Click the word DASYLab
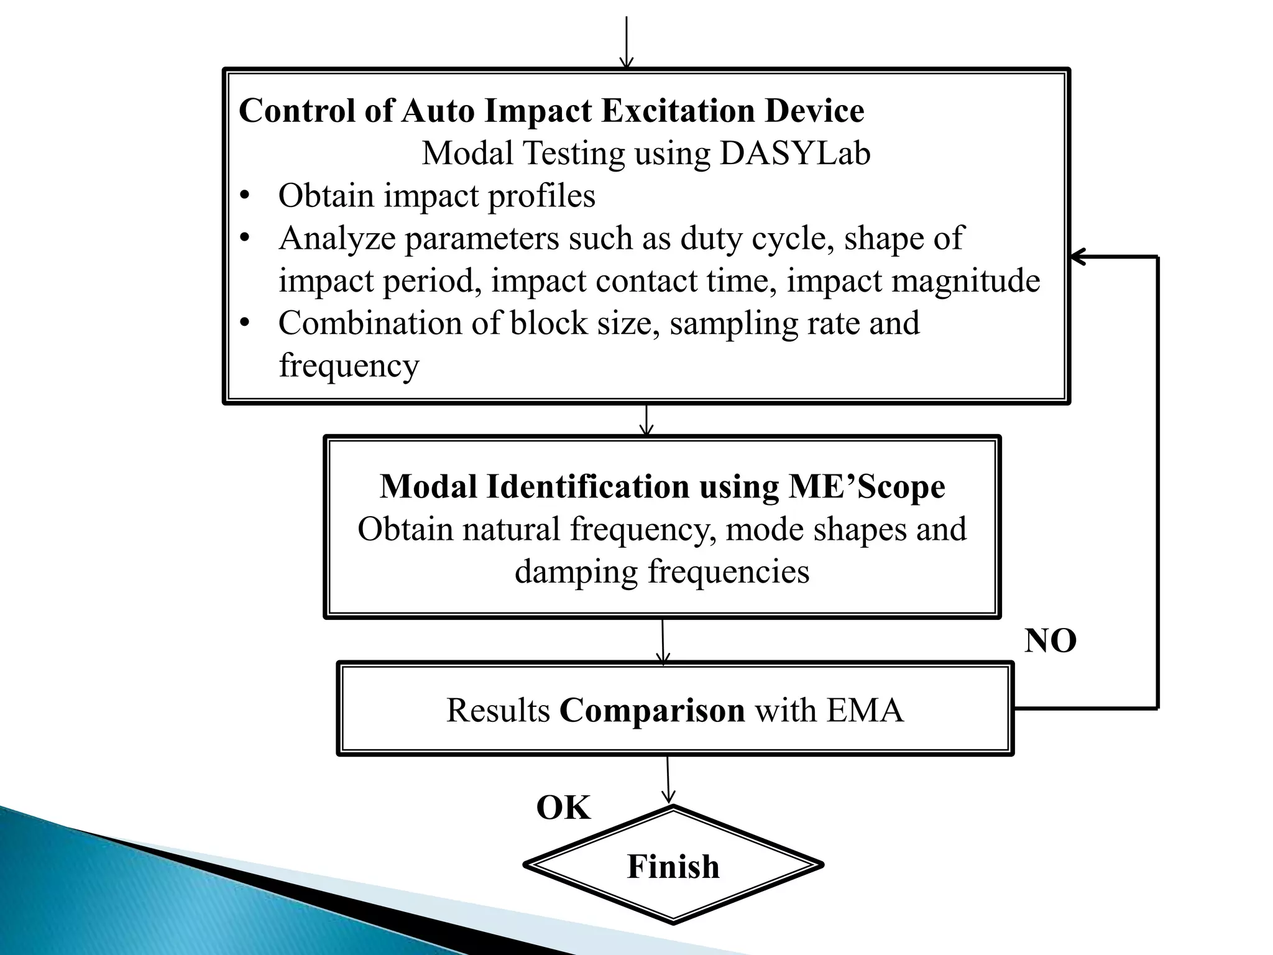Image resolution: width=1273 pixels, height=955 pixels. (x=795, y=154)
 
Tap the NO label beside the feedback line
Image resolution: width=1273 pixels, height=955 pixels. (x=1050, y=641)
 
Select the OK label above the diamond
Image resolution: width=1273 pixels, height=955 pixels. (x=563, y=808)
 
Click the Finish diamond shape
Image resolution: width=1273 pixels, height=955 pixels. (x=673, y=865)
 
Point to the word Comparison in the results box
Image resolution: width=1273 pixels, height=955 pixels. (x=652, y=710)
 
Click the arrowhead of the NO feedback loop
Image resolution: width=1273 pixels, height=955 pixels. (x=1079, y=256)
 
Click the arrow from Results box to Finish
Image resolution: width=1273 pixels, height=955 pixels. (x=668, y=780)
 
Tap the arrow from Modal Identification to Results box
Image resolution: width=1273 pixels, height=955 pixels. (x=663, y=641)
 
